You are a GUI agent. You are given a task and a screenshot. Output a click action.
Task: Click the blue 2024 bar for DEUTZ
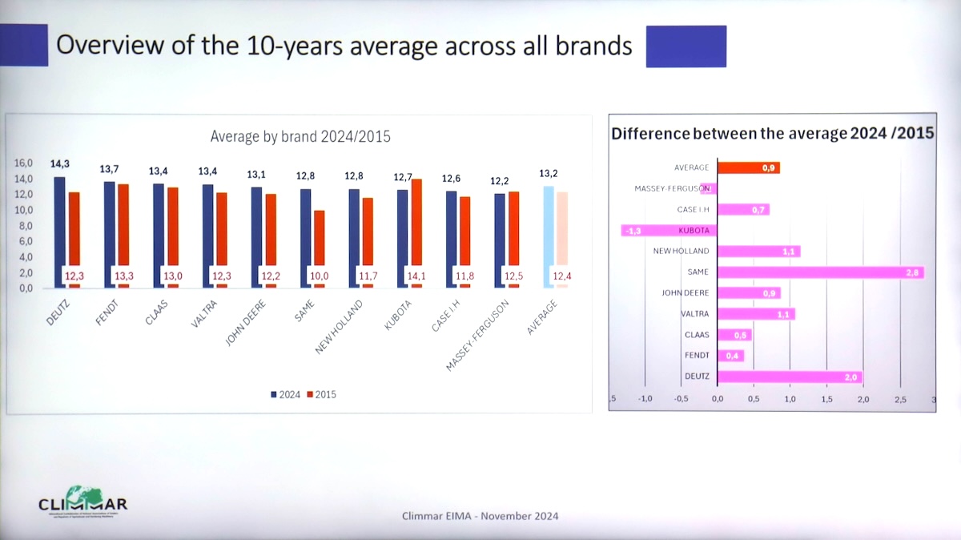[59, 232]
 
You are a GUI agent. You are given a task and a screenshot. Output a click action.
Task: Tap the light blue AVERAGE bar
[549, 236]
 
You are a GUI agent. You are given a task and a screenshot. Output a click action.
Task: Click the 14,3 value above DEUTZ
[60, 164]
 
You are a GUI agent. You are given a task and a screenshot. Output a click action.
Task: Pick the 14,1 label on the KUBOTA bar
[417, 276]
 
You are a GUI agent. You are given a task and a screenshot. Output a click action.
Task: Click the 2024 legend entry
[287, 394]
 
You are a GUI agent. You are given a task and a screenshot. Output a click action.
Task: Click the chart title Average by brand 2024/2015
[300, 136]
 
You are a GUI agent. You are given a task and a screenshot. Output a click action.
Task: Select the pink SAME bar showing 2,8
[820, 272]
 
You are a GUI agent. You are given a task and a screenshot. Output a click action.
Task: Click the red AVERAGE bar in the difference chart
[748, 168]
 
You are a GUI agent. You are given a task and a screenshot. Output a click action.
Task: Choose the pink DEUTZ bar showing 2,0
[790, 377]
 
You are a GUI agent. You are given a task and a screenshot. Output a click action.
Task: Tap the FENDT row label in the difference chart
[697, 356]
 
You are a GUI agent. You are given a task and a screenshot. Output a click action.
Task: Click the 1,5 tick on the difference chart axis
[826, 399]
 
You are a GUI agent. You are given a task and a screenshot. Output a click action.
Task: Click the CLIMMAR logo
[82, 501]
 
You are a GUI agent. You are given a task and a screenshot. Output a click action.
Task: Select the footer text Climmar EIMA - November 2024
[480, 516]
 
